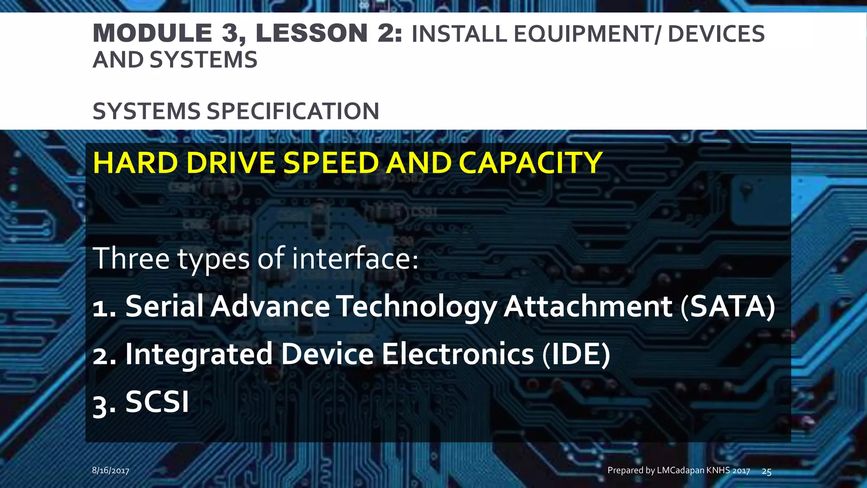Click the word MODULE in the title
(x=152, y=33)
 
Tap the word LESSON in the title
(x=312, y=33)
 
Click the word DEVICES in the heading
(x=716, y=34)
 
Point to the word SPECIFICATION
(x=293, y=111)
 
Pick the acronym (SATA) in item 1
(x=728, y=306)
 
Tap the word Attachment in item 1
(x=588, y=306)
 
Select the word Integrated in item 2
(x=199, y=355)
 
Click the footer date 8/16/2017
(x=110, y=470)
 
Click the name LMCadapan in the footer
(x=681, y=470)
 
